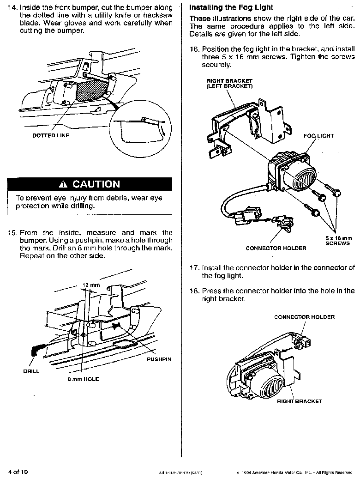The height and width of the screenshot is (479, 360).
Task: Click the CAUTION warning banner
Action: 90,184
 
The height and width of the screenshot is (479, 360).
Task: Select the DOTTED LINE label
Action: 50,136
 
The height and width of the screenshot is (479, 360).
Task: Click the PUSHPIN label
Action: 159,359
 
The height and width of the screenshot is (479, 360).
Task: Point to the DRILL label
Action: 31,371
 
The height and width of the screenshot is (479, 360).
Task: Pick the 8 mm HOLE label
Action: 84,379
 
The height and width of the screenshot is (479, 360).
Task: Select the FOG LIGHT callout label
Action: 318,136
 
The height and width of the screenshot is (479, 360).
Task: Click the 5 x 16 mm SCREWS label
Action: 338,241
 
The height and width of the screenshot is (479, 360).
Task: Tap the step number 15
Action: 12,233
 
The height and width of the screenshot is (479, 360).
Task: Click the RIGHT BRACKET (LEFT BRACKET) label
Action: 229,84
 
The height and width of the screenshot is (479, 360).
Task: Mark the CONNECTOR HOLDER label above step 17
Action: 276,248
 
